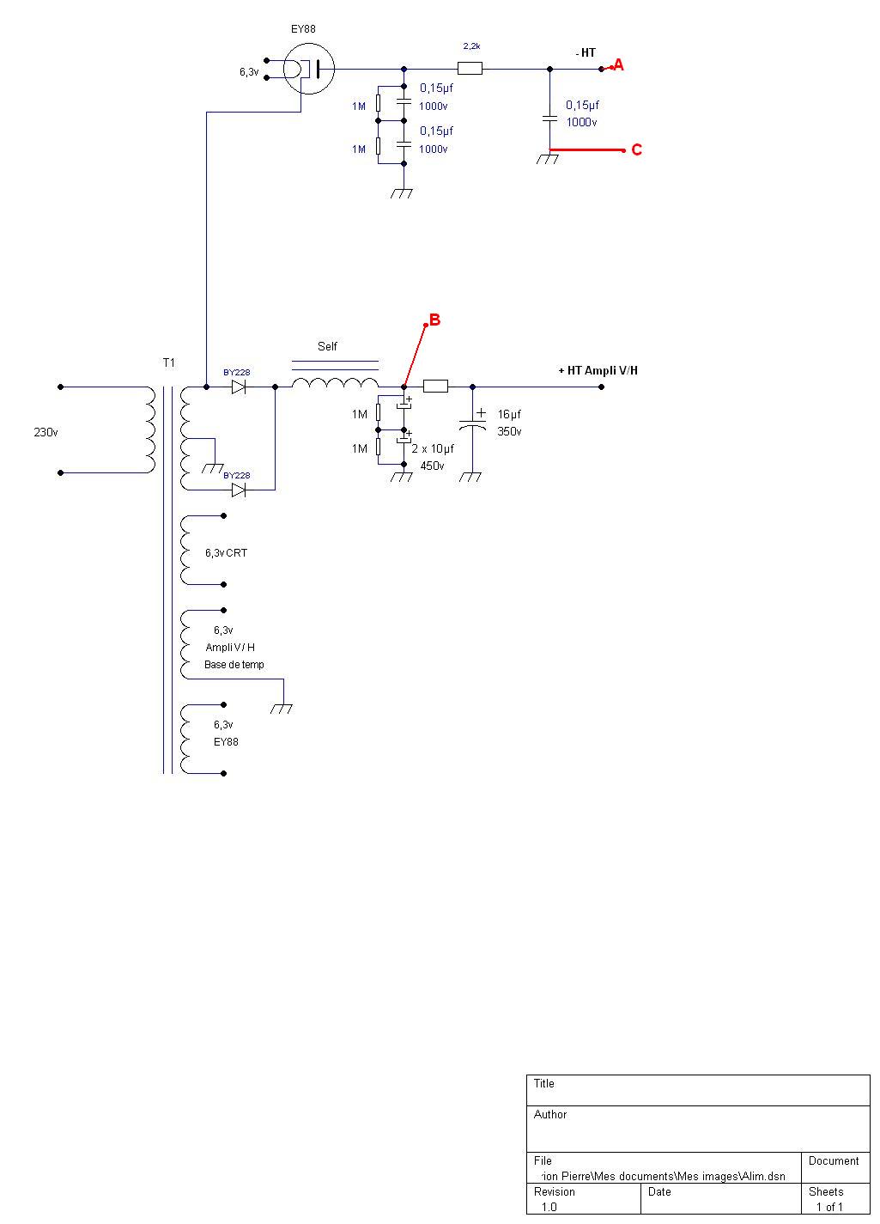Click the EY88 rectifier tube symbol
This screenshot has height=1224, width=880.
point(308,69)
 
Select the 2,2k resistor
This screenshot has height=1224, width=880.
point(470,69)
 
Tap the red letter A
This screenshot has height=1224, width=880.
point(618,64)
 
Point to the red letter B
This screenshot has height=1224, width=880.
point(434,320)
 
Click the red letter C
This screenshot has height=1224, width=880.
point(636,149)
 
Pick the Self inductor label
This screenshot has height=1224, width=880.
point(327,346)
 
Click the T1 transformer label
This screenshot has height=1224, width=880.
point(169,362)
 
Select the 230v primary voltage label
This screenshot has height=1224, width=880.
point(46,432)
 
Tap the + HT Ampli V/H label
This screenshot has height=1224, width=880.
point(598,370)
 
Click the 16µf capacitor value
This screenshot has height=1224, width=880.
point(509,414)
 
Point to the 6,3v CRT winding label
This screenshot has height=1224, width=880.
point(226,553)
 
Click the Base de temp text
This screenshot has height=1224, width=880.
point(234,665)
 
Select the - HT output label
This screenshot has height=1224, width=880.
point(586,53)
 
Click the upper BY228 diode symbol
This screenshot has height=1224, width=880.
point(239,387)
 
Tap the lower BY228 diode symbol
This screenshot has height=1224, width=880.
point(239,490)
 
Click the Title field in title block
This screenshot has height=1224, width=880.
point(544,1083)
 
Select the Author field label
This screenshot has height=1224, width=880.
point(550,1114)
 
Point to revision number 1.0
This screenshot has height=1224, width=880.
point(549,1207)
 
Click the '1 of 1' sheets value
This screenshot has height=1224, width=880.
point(829,1207)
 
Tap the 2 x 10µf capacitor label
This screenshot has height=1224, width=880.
point(433,448)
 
